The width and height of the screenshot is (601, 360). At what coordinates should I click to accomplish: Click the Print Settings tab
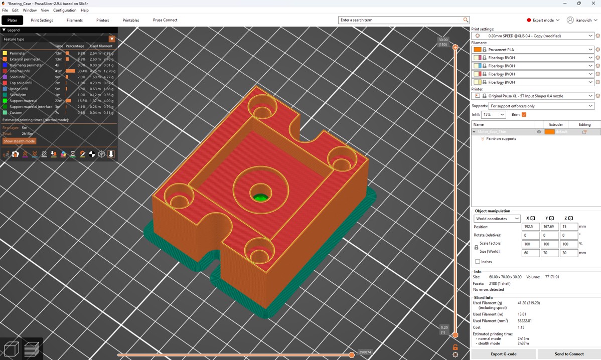[42, 20]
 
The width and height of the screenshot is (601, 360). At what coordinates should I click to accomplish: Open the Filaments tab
[75, 20]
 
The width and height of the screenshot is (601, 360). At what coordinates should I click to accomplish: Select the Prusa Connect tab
[165, 20]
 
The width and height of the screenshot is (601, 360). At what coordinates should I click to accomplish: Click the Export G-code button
[503, 354]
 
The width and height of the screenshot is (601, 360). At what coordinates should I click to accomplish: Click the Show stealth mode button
[20, 141]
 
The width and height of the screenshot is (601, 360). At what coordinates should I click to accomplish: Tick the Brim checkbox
[524, 115]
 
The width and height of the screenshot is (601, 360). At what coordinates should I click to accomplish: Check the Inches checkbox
[478, 261]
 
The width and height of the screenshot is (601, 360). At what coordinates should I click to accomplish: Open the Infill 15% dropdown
[494, 115]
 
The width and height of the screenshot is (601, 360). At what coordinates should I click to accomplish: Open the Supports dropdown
[541, 106]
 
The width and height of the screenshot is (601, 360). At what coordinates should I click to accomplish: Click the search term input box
[401, 20]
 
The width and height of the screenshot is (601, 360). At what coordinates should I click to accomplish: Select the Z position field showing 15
[569, 227]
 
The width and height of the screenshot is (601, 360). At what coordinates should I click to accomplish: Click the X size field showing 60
[530, 253]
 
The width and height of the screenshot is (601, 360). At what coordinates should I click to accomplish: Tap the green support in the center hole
[260, 197]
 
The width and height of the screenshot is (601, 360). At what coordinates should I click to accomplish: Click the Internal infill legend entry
[21, 71]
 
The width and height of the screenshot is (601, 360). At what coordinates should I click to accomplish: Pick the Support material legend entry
[23, 101]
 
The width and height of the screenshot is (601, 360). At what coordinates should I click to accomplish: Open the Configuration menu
[65, 10]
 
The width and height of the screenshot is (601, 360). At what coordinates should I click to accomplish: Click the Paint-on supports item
[501, 139]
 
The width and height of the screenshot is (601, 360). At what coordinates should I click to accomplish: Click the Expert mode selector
[543, 20]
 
